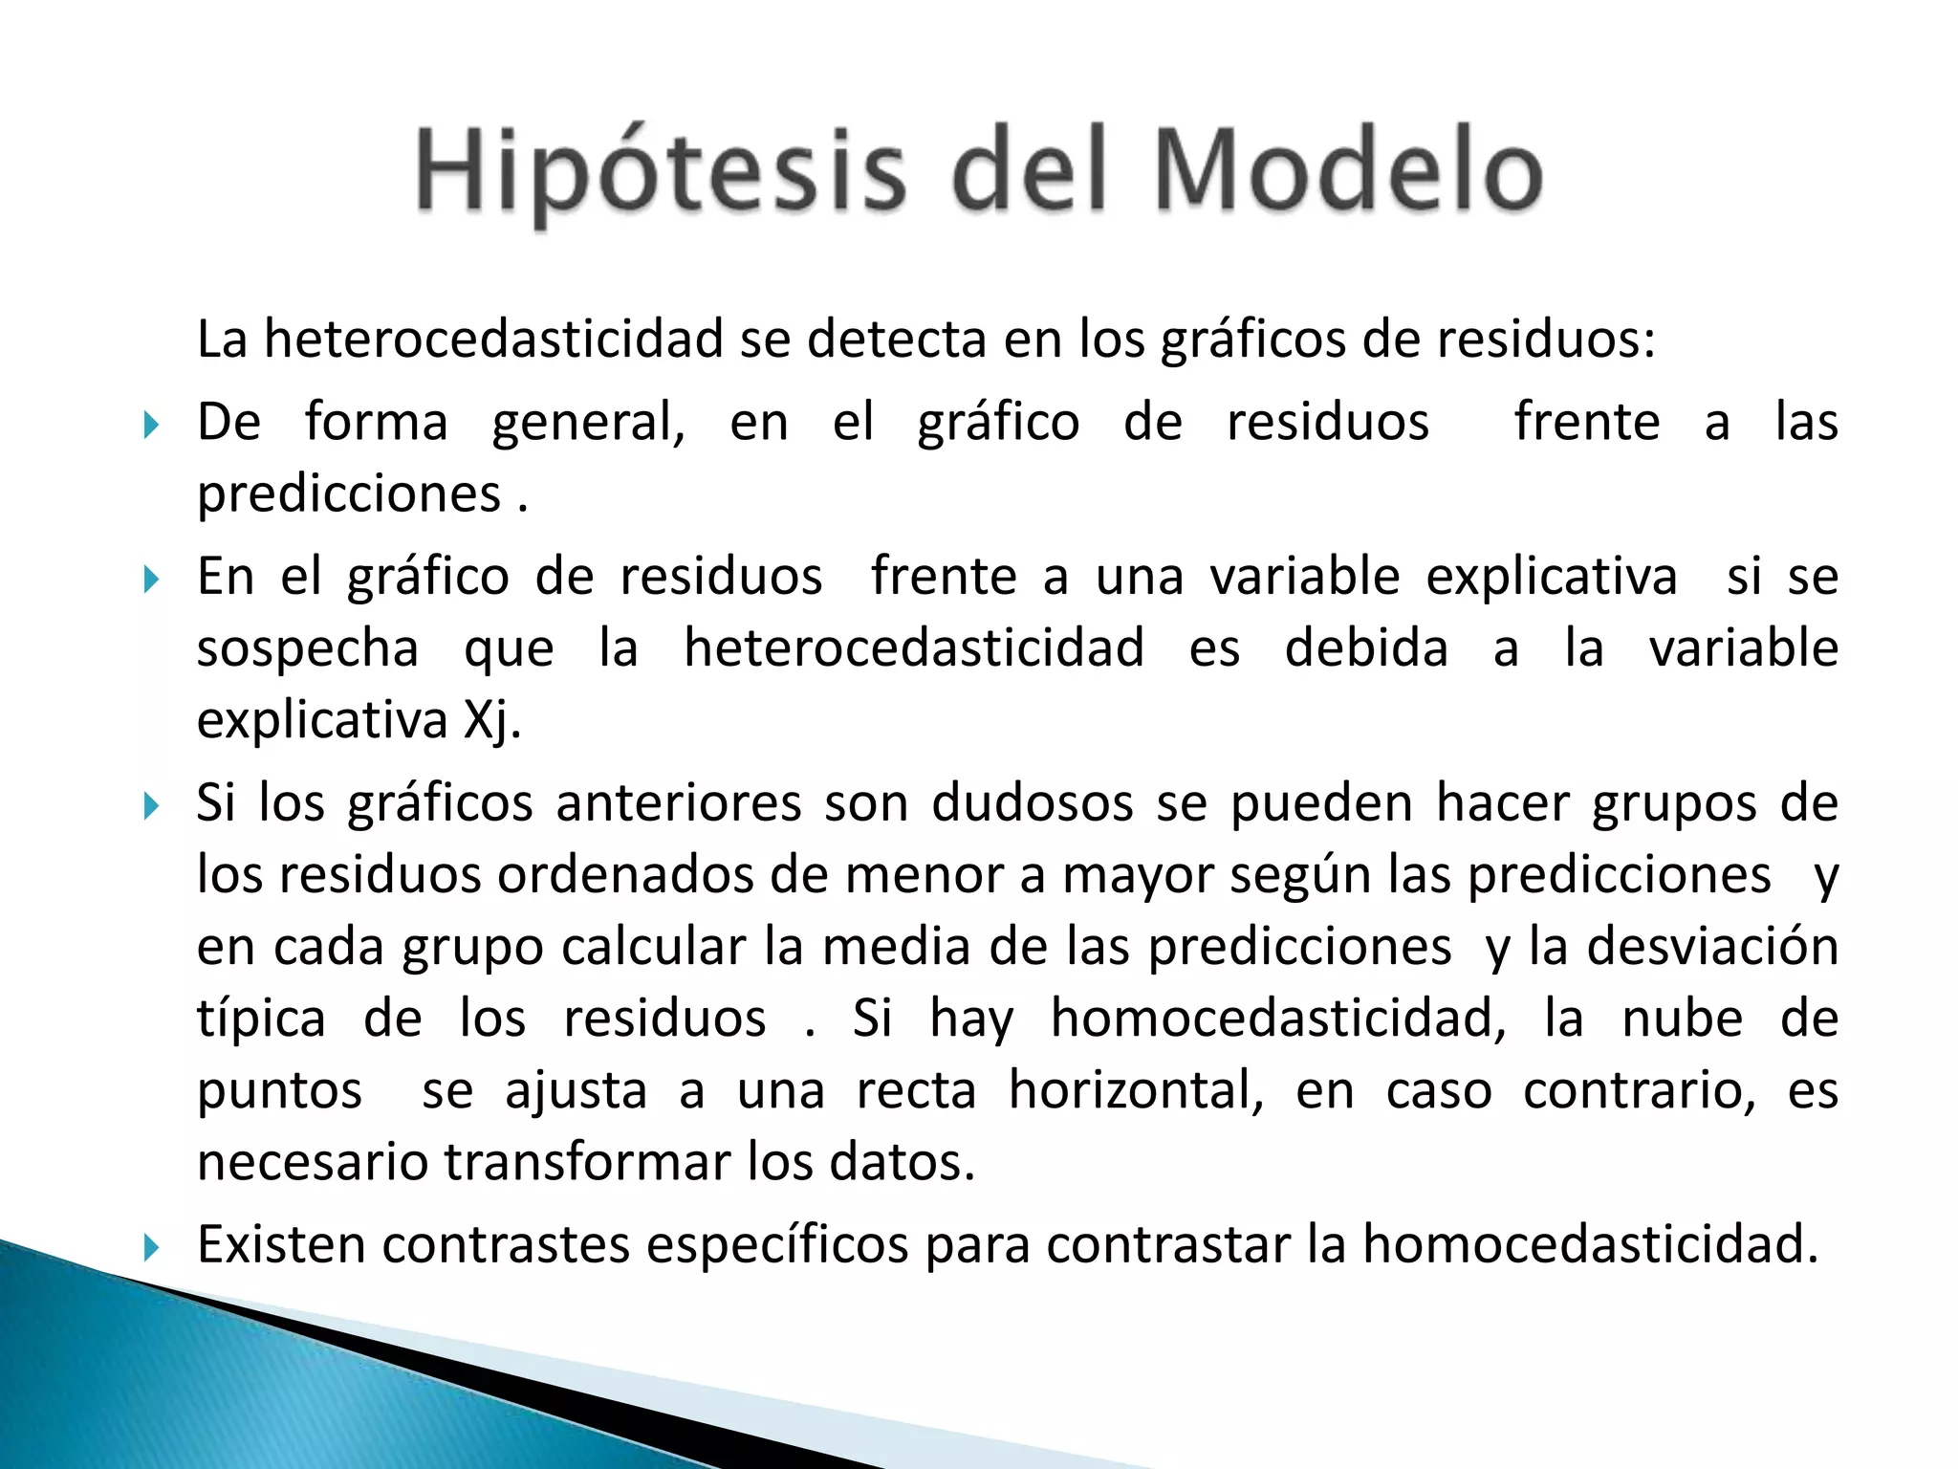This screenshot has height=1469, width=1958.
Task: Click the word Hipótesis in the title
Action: coord(660,172)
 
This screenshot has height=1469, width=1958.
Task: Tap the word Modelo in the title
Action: coord(1348,172)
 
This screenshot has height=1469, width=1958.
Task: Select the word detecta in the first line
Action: coord(896,339)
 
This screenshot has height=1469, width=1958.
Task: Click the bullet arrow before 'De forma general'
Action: coord(151,424)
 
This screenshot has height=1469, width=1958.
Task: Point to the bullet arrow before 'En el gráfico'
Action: coord(151,579)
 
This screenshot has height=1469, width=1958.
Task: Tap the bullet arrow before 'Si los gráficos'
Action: coord(151,805)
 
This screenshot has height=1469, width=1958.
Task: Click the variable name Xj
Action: coord(491,721)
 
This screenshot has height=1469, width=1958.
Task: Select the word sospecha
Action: coord(308,649)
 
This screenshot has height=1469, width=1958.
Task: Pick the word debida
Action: coord(1366,649)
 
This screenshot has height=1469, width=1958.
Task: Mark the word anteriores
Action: coord(679,803)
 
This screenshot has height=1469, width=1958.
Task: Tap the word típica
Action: coord(261,1020)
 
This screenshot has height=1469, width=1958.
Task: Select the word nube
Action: coord(1683,1019)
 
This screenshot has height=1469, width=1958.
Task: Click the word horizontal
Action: coord(1136,1090)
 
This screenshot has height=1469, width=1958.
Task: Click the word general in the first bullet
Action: coord(588,424)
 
